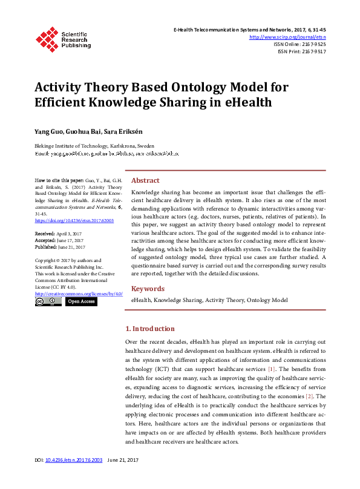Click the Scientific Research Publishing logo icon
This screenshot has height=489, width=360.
click(46, 38)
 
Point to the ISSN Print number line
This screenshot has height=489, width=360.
click(301, 51)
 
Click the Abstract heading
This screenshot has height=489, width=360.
click(145, 180)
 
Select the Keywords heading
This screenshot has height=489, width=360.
click(148, 289)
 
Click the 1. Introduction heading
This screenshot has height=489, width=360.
click(149, 329)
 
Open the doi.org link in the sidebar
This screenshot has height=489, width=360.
click(74, 220)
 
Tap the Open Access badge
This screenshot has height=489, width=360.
click(80, 301)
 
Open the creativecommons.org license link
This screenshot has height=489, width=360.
click(79, 293)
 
